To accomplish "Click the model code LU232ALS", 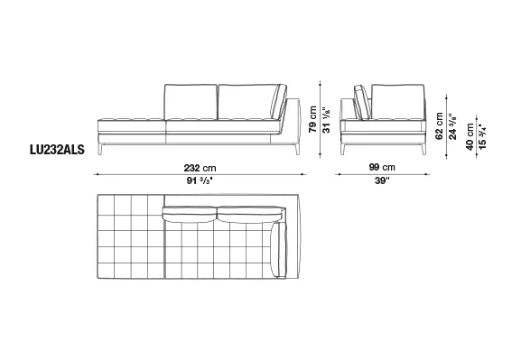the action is point(57,150).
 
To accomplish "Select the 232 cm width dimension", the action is point(200,168).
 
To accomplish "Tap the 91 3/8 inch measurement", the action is point(200,181).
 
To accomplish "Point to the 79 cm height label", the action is point(312,119).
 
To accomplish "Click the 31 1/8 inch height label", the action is point(326,120).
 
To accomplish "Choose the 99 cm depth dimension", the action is point(382,167).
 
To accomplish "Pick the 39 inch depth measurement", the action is point(382,180).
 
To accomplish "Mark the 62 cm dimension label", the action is point(439,126).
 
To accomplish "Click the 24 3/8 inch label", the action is point(452,126).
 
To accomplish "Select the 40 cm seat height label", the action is point(470,137).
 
